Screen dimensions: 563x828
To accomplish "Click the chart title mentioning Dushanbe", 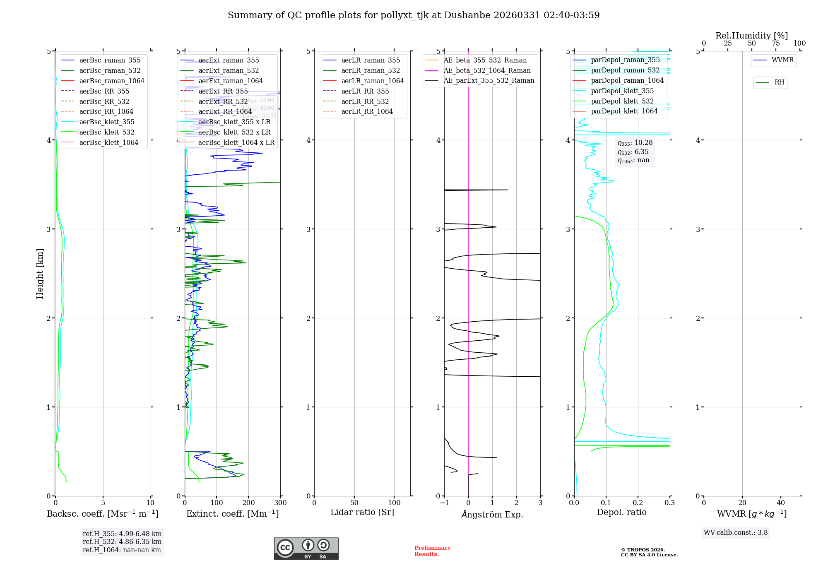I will pos(414,15).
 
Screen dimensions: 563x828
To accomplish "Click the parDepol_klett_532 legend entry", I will pos(622,101).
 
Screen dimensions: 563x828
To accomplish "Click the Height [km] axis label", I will pos(40,273).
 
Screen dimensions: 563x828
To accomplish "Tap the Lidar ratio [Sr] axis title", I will pos(362,512).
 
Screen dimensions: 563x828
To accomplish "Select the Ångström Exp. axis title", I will pos(492,514).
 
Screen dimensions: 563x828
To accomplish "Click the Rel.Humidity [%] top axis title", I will pos(751,36).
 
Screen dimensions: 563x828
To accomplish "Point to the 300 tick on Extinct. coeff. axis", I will pos(280,503).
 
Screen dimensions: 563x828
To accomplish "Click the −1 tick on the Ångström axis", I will pos(444,503).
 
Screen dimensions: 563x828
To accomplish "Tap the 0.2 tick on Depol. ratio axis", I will pos(638,503).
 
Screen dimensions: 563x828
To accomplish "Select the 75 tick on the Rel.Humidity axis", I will pos(775,43).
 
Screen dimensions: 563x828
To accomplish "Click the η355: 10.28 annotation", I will pos(635,143).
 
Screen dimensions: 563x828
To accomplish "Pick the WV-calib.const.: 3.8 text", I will pos(735,532).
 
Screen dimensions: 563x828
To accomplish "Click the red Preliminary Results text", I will pos(432,551).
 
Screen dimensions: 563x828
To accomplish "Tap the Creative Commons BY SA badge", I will pos(306,548).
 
